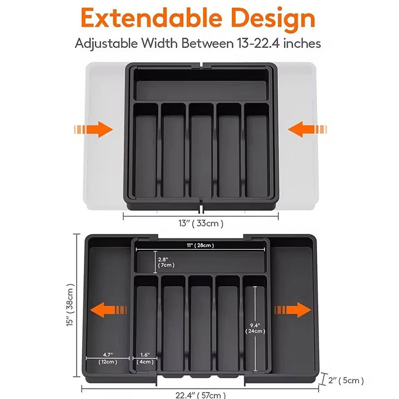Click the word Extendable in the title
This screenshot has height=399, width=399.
coord(152,18)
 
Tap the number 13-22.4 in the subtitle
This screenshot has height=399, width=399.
coord(258,43)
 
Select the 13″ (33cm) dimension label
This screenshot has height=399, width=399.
coord(201,223)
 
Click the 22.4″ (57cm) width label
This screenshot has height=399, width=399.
coord(200,395)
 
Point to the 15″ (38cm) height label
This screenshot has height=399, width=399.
coord(70,305)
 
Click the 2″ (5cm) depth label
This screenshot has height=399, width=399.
coord(346,381)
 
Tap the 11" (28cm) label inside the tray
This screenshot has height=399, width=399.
coord(200,245)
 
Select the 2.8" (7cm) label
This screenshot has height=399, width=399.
coord(166,262)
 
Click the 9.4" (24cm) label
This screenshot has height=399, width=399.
coord(255,328)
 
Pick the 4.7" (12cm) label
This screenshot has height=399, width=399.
coord(108,358)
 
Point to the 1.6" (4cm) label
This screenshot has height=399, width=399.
coord(145,358)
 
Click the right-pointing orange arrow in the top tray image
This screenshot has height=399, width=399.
coord(93,129)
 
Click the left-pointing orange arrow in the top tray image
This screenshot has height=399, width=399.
coord(307,129)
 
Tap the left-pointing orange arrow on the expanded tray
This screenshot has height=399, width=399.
coord(108,310)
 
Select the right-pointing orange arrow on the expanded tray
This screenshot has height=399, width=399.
coord(293,310)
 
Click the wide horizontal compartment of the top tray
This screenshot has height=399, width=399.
coord(201,85)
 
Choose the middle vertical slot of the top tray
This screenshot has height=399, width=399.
coord(201,150)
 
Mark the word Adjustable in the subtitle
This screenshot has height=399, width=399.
coord(106,44)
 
